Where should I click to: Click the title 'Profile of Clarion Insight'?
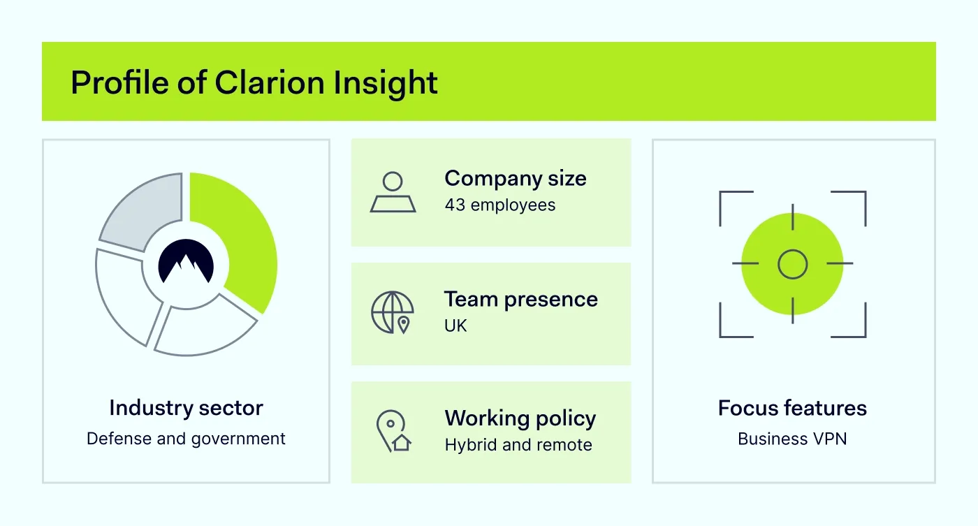pyautogui.click(x=254, y=83)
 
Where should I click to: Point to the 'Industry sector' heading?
pyautogui.click(x=186, y=408)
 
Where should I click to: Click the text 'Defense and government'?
pyautogui.click(x=186, y=439)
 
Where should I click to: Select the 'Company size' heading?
pyautogui.click(x=516, y=179)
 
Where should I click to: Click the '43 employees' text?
pyautogui.click(x=500, y=205)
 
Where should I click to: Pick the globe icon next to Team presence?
pyautogui.click(x=392, y=312)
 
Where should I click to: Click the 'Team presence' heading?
pyautogui.click(x=521, y=300)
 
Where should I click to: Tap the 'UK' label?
pyautogui.click(x=455, y=326)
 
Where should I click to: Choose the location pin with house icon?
pyautogui.click(x=393, y=430)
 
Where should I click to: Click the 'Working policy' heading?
pyautogui.click(x=520, y=418)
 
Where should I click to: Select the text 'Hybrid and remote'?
pyautogui.click(x=518, y=445)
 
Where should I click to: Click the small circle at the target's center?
pyautogui.click(x=792, y=264)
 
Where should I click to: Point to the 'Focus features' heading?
pyautogui.click(x=792, y=408)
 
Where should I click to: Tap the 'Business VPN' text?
pyautogui.click(x=792, y=439)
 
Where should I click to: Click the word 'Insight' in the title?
pyautogui.click(x=385, y=83)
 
